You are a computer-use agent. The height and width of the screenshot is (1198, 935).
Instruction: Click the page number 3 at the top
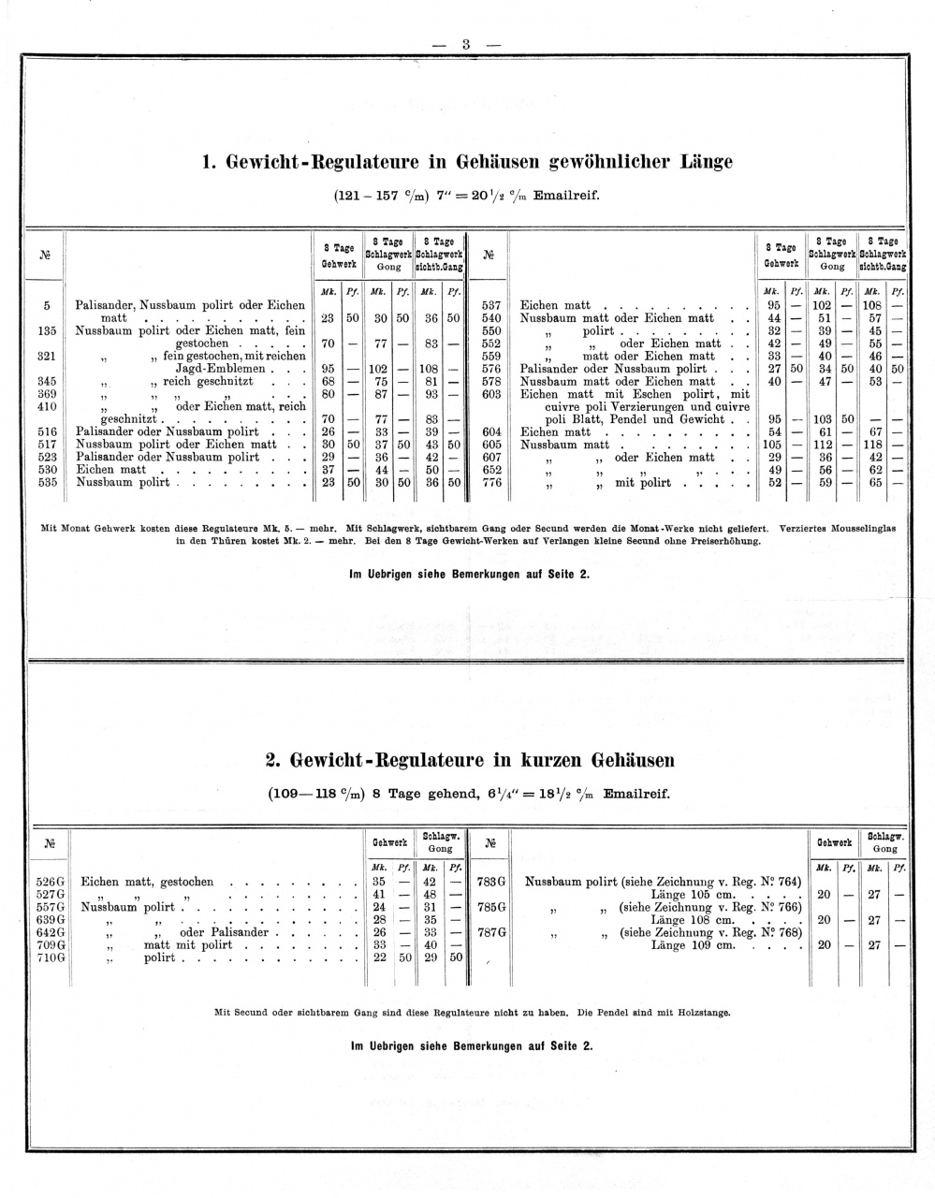[x=465, y=44]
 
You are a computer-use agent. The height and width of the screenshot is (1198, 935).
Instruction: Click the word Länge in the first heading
[x=700, y=162]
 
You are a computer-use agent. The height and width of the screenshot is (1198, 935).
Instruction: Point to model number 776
[x=491, y=483]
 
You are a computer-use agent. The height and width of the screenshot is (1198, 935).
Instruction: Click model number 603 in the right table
[x=491, y=394]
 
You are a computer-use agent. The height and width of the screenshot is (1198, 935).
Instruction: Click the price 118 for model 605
[x=873, y=445]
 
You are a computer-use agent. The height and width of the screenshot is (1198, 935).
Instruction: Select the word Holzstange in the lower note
[x=702, y=1013]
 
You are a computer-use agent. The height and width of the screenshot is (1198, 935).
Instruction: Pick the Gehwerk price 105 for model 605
[x=773, y=445]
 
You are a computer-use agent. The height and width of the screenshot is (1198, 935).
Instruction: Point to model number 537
[x=491, y=305]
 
